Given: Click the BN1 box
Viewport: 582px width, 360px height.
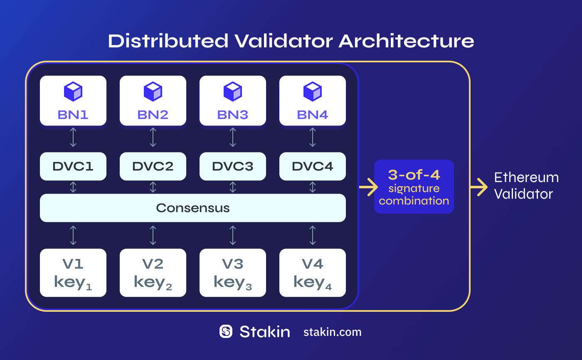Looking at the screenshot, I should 73,101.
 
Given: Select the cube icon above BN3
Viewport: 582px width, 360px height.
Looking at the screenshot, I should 233,91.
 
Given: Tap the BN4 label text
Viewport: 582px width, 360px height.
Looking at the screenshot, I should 313,115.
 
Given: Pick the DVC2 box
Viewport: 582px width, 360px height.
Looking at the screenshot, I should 153,166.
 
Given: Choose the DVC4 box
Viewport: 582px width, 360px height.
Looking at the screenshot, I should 313,166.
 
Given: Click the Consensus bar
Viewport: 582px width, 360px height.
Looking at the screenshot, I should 193,208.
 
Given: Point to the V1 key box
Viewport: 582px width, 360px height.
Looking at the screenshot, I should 73,273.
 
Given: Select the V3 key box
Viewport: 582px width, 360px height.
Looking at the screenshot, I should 233,273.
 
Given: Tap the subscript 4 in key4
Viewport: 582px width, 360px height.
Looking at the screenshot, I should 328,287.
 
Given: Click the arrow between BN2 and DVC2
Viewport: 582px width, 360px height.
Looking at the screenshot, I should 153,137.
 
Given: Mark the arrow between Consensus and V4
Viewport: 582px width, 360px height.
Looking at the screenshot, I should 313,235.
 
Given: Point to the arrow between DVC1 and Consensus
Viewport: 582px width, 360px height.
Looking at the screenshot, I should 73,187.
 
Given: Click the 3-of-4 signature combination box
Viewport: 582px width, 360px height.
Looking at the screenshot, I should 414,187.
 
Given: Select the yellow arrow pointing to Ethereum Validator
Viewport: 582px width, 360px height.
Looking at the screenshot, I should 479,187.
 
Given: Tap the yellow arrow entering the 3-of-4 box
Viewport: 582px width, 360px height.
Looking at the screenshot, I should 368,187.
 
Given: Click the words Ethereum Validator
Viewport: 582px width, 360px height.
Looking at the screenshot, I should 525,185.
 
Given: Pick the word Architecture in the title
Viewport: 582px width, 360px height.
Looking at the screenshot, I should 406,42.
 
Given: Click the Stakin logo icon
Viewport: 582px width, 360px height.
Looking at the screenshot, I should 226,331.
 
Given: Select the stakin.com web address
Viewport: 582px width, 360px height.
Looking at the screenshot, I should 333,332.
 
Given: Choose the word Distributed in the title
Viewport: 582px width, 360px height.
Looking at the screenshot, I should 168,42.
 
